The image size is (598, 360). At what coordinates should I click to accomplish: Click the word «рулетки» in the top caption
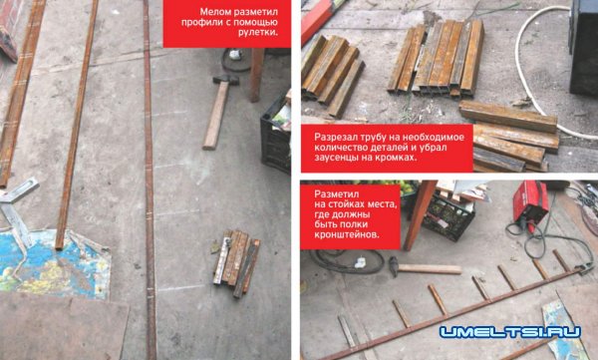point(258,33)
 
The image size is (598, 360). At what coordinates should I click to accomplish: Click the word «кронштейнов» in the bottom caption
point(347,235)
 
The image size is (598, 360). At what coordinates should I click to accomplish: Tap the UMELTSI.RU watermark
point(510,331)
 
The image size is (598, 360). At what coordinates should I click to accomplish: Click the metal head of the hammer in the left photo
point(226,80)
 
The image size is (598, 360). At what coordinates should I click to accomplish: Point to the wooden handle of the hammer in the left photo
point(215,115)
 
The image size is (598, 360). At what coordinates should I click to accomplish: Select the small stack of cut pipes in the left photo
point(236,262)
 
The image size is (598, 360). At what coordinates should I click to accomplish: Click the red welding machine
point(530,204)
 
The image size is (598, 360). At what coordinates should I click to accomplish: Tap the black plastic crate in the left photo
point(275,139)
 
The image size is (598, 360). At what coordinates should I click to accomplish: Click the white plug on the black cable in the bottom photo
point(361,262)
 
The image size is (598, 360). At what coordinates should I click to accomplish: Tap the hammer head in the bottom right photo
point(394,266)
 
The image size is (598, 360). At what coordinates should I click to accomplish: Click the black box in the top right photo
point(583,48)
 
